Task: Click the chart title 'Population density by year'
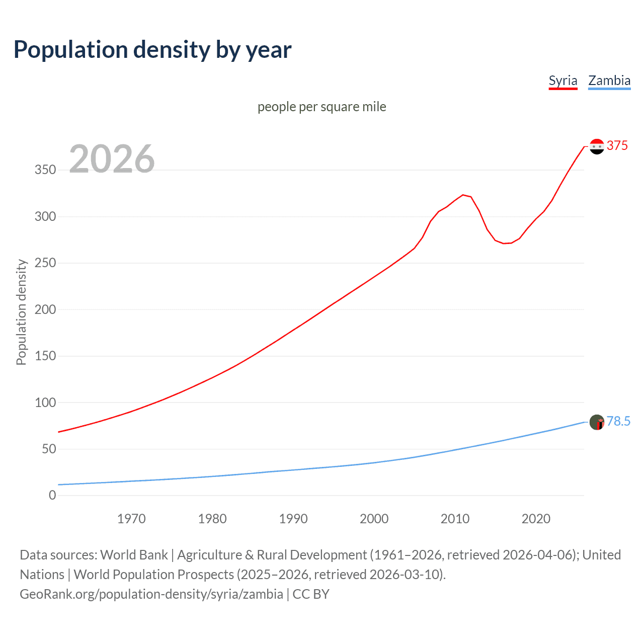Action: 152,50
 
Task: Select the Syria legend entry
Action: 562,80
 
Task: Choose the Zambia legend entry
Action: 609,80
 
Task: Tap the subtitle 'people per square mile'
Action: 321,107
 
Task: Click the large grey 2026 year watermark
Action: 112,159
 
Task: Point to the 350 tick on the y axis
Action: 45,170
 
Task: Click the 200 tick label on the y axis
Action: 45,309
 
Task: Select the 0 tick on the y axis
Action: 52,496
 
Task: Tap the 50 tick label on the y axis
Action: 49,449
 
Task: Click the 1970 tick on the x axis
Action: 131,519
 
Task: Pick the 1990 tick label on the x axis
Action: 293,519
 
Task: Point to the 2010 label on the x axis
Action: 455,519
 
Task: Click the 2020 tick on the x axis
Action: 536,519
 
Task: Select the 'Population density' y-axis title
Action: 21,312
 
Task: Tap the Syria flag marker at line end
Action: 597,146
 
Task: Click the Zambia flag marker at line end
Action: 597,422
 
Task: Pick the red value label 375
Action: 617,146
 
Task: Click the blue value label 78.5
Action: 618,422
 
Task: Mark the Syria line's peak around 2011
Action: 463,195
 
